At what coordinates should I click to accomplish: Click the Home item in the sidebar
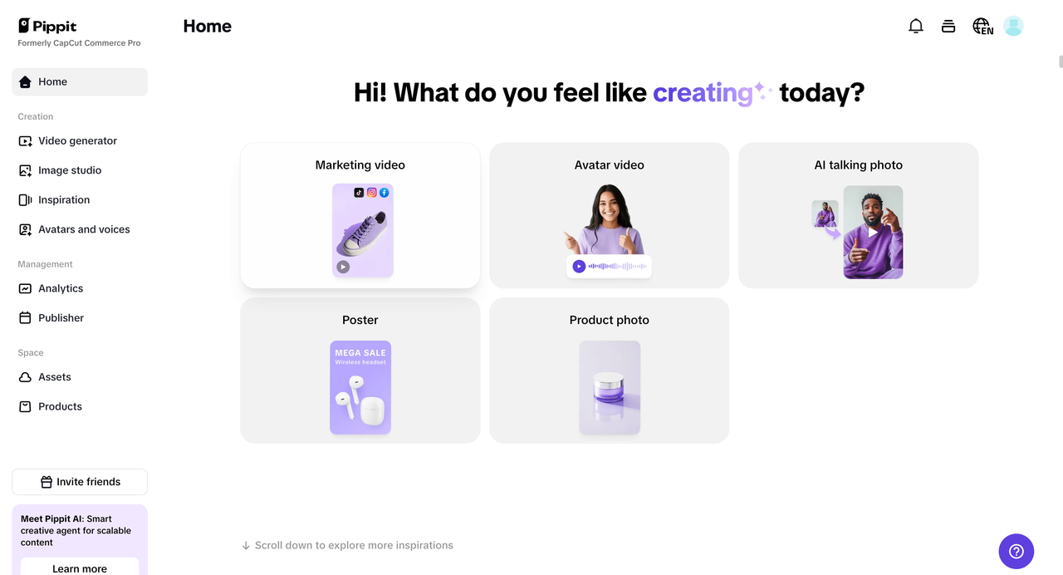point(52,81)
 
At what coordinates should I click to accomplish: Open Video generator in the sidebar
point(77,141)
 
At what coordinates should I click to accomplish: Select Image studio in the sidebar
point(70,170)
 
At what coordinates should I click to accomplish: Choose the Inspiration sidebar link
point(64,200)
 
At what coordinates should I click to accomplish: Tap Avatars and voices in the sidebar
point(84,229)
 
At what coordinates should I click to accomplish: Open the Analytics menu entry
point(61,288)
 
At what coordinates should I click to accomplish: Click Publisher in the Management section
point(61,318)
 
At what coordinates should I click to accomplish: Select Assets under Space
point(55,377)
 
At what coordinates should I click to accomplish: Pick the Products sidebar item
point(60,406)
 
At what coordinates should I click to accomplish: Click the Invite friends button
point(80,482)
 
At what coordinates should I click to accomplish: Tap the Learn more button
point(80,568)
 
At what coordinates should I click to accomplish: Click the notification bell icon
point(916,27)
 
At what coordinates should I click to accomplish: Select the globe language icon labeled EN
point(982,27)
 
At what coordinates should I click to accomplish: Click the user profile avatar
point(1013,27)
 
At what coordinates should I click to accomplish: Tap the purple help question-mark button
point(1016,552)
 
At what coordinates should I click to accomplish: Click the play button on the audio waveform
point(579,267)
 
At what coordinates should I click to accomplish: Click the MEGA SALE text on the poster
point(360,353)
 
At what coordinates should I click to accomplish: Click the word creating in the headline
point(703,93)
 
